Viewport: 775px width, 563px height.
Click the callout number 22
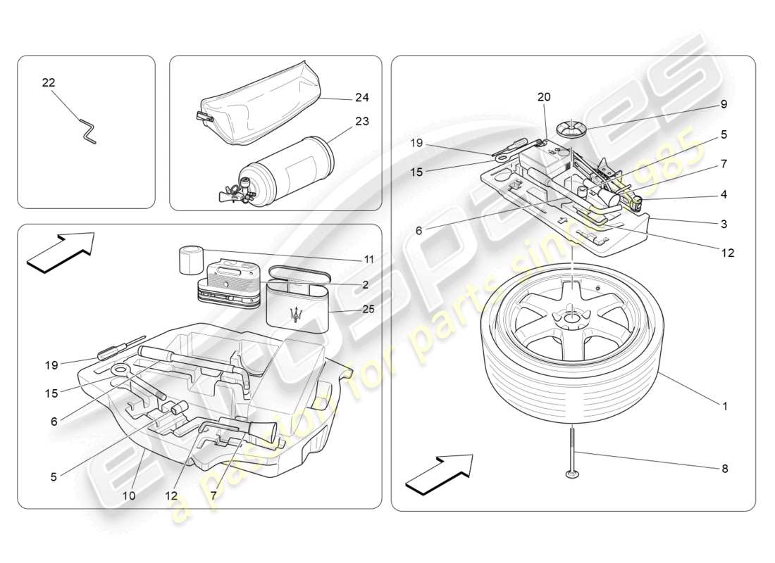click(48, 82)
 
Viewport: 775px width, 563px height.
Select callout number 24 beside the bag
click(361, 97)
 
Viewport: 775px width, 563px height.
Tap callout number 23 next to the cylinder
click(361, 121)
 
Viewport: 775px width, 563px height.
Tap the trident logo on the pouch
click(300, 315)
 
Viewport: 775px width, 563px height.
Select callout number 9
click(724, 103)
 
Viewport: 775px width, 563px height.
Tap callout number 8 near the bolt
click(724, 468)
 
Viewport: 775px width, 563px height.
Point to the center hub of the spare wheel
click(569, 318)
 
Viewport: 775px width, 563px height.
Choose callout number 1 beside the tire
click(724, 406)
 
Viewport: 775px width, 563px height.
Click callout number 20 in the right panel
click(544, 96)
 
